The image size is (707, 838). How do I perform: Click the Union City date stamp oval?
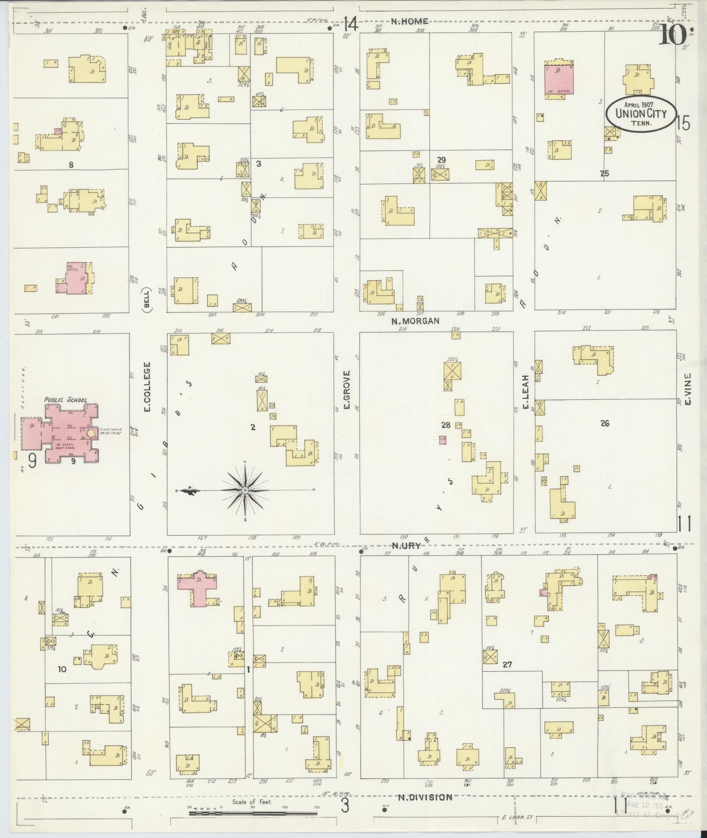(x=640, y=113)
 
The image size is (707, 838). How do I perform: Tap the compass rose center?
(x=245, y=490)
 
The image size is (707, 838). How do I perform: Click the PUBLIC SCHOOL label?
(x=65, y=400)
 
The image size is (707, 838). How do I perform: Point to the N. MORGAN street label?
(x=415, y=321)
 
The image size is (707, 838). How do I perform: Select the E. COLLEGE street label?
(x=147, y=386)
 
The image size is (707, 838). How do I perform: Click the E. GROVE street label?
(x=346, y=390)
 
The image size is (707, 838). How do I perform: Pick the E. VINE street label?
(x=687, y=389)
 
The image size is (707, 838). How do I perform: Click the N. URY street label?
(x=405, y=545)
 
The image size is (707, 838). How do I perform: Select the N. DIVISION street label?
(x=425, y=797)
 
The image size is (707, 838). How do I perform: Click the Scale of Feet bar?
(x=253, y=813)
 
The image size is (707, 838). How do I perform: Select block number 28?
(x=446, y=425)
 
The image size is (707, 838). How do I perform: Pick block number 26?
(x=605, y=423)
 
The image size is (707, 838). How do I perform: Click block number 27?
(x=507, y=677)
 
